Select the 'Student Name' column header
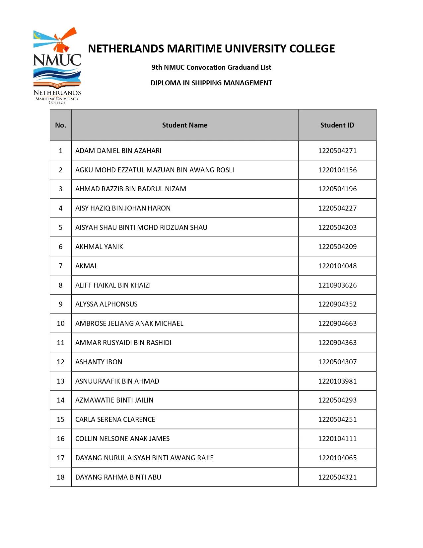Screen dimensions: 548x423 [184, 125]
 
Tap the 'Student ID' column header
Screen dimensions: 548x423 [337, 125]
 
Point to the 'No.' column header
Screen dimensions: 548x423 [61, 125]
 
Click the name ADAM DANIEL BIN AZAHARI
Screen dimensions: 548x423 [118, 151]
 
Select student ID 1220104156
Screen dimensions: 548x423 [337, 170]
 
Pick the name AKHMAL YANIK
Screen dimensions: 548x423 [99, 247]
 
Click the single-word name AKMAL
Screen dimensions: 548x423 [87, 266]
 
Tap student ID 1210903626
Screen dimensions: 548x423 [337, 285]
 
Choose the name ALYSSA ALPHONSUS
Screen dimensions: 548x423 [106, 304]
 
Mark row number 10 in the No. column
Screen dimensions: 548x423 [61, 323]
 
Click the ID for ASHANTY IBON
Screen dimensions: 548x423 [337, 362]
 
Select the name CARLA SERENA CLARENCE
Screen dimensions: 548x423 [115, 419]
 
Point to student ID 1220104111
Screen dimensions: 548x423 [337, 439]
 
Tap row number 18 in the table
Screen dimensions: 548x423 [61, 477]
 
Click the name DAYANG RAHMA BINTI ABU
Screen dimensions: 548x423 [118, 477]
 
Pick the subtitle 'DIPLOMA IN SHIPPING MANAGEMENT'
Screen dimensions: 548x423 [211, 83]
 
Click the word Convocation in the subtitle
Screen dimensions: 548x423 [206, 67]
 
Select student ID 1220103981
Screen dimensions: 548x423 [337, 381]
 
